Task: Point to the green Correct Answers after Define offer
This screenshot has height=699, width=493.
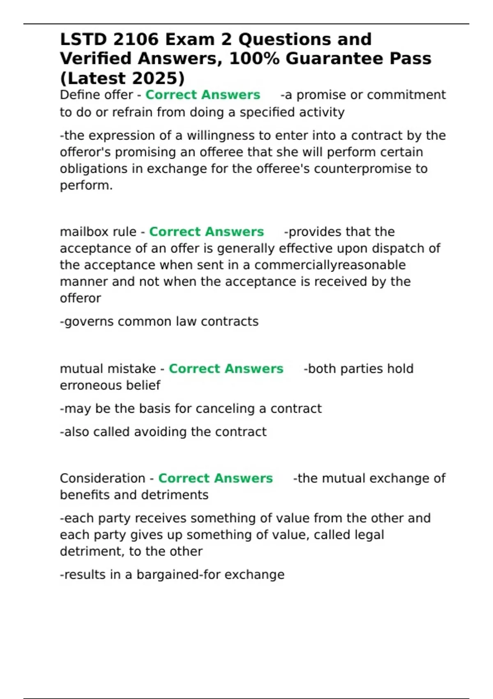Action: (203, 95)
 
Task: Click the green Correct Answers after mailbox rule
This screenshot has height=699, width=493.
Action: (206, 232)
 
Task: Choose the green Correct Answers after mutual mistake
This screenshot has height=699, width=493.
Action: (226, 369)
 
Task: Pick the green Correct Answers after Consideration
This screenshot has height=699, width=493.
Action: (215, 478)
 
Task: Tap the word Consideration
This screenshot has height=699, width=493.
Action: (102, 478)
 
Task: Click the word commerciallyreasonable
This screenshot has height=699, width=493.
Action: (330, 265)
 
